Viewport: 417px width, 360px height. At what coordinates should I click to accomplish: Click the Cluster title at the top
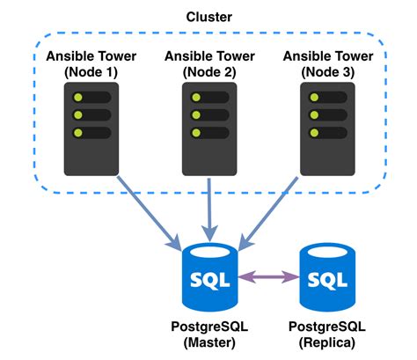click(208, 17)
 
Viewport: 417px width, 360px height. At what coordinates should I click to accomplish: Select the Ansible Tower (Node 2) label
click(208, 63)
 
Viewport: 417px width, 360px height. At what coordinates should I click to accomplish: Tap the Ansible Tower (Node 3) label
click(326, 63)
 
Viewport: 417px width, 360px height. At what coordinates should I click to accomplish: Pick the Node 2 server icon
click(208, 127)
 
